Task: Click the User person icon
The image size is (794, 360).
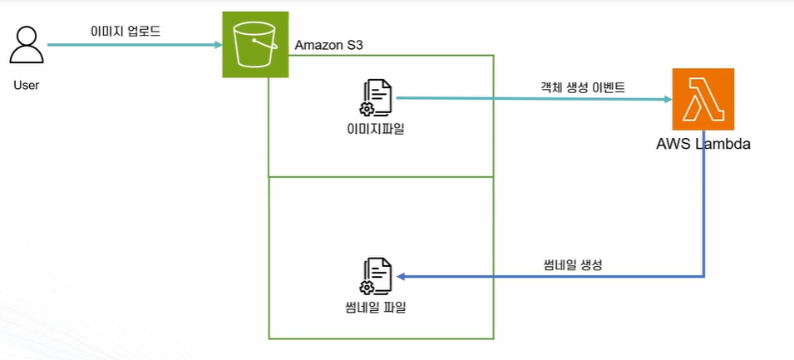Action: pyautogui.click(x=27, y=46)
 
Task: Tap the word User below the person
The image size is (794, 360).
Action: pyautogui.click(x=27, y=85)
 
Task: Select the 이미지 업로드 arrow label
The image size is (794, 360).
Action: pyautogui.click(x=125, y=32)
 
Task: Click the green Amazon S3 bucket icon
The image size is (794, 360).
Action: pyautogui.click(x=255, y=45)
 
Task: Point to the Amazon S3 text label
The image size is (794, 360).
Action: pyautogui.click(x=328, y=45)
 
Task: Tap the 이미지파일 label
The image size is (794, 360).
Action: pyautogui.click(x=375, y=129)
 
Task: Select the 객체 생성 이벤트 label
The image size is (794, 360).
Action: pyautogui.click(x=582, y=87)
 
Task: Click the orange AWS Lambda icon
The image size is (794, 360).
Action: pyautogui.click(x=703, y=99)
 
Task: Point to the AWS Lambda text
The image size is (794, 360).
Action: pyautogui.click(x=703, y=145)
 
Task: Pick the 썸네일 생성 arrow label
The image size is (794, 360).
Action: pyautogui.click(x=571, y=264)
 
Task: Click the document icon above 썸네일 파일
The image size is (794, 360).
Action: pyautogui.click(x=375, y=277)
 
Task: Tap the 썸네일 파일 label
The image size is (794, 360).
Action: pyautogui.click(x=375, y=308)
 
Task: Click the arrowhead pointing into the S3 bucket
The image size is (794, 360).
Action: pyautogui.click(x=219, y=45)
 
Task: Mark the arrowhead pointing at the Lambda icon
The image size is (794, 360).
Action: pyautogui.click(x=668, y=99)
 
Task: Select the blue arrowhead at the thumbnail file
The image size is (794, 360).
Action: pyautogui.click(x=401, y=277)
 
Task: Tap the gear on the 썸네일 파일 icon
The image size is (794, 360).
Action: pyautogui.click(x=366, y=288)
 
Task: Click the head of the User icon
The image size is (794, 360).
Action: pyautogui.click(x=27, y=37)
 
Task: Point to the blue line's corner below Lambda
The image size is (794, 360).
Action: pyautogui.click(x=704, y=277)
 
